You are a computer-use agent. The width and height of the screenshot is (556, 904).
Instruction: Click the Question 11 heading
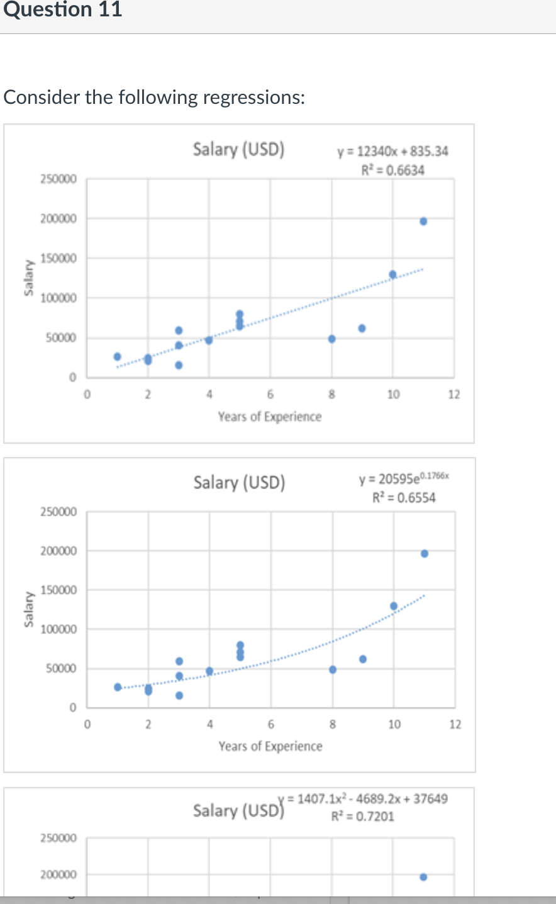click(x=62, y=10)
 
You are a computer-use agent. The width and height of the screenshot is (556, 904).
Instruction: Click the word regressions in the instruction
click(x=253, y=98)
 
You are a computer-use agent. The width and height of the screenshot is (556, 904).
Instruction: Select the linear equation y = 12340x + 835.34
click(x=392, y=152)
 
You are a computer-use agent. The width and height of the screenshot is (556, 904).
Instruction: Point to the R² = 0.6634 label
click(x=392, y=170)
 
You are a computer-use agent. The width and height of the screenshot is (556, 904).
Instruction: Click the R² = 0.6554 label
click(x=404, y=498)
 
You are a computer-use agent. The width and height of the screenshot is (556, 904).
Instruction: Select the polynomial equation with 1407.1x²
click(x=367, y=799)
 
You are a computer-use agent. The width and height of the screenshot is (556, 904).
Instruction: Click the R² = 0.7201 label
click(x=363, y=816)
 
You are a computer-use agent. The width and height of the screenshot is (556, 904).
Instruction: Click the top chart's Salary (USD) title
click(x=238, y=149)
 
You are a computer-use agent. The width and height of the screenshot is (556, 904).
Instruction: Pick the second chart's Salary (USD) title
click(x=239, y=483)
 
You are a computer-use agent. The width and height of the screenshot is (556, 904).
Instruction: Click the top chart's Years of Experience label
click(x=269, y=417)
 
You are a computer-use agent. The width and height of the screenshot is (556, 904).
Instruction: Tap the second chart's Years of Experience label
click(x=270, y=746)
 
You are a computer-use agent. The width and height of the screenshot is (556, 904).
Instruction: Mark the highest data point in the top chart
click(x=423, y=221)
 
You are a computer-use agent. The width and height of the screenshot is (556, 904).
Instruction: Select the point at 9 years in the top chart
click(x=362, y=328)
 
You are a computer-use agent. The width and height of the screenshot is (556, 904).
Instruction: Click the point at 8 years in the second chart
click(x=333, y=669)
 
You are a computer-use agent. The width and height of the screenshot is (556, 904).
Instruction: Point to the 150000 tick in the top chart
click(x=58, y=258)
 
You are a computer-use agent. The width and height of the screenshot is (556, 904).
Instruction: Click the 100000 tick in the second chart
click(x=58, y=630)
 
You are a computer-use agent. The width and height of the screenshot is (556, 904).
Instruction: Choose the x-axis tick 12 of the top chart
click(x=454, y=395)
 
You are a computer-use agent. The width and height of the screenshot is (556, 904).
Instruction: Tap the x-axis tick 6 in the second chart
click(x=271, y=725)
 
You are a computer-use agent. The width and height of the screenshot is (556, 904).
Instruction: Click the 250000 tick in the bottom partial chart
click(x=58, y=838)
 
